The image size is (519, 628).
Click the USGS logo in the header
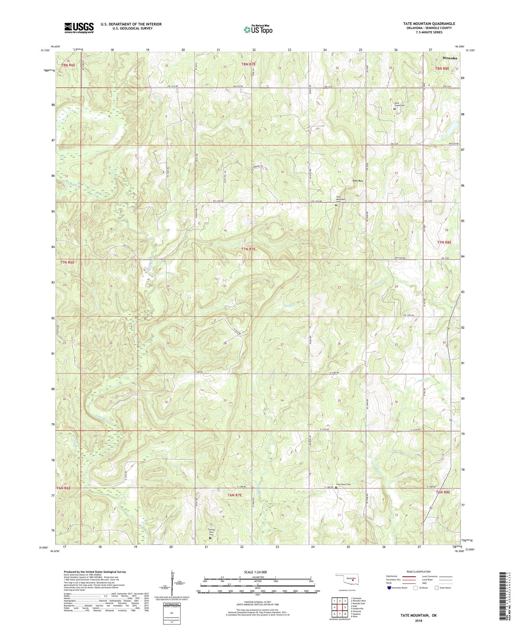point(79,28)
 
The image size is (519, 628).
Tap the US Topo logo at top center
point(258,29)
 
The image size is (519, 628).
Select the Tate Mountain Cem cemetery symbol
point(336,205)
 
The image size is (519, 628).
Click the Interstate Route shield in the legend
point(390,587)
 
